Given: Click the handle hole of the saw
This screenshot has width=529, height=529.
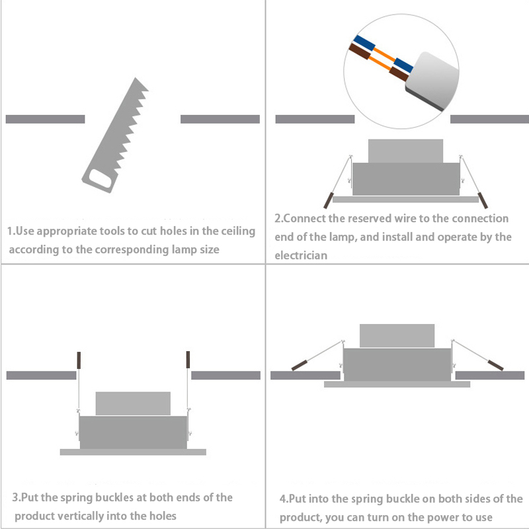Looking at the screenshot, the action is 101,179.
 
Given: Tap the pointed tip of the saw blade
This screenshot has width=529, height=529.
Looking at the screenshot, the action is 136,78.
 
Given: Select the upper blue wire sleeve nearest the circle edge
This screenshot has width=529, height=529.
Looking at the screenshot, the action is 364,42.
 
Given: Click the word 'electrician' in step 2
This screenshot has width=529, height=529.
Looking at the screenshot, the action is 301,255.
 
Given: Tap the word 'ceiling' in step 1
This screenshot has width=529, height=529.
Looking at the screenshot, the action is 238,231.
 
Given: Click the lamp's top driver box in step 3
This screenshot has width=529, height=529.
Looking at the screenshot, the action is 133,403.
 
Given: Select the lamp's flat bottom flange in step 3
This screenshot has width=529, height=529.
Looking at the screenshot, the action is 133,452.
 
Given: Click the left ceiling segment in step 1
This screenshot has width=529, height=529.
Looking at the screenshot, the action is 45,119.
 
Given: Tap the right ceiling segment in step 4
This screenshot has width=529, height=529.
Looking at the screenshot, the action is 490,376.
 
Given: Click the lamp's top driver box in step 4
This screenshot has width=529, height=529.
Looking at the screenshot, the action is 397,336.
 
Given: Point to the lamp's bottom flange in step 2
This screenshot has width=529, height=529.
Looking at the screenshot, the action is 405,200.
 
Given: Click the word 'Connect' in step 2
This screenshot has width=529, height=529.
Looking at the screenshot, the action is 305,219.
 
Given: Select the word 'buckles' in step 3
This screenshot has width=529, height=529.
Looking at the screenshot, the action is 114,498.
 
